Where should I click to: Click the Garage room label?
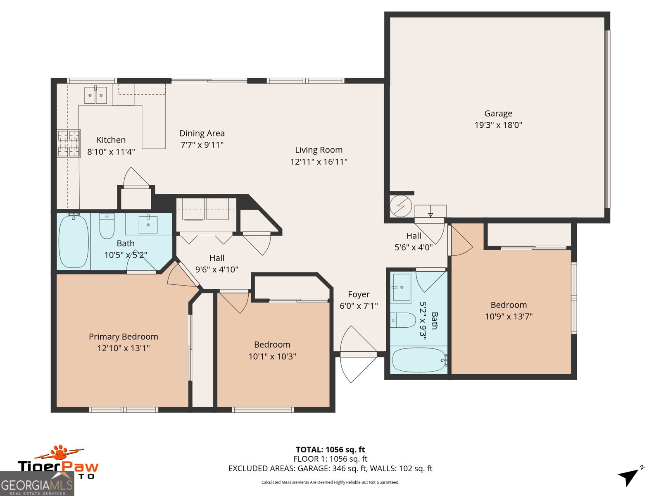point(498,114)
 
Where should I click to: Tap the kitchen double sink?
point(95,95)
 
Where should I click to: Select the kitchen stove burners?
point(69,143)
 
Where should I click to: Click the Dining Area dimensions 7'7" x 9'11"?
point(202,145)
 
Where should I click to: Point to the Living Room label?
point(319,150)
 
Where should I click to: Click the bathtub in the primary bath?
point(74,241)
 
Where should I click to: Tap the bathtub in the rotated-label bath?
point(419,360)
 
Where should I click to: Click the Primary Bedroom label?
point(123,336)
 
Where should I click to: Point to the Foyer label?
point(358,294)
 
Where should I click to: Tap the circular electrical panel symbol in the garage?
point(400,206)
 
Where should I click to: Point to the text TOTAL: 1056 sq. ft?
point(330,450)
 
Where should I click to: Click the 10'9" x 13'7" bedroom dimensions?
point(509,317)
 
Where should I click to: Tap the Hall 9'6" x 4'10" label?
point(216,264)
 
